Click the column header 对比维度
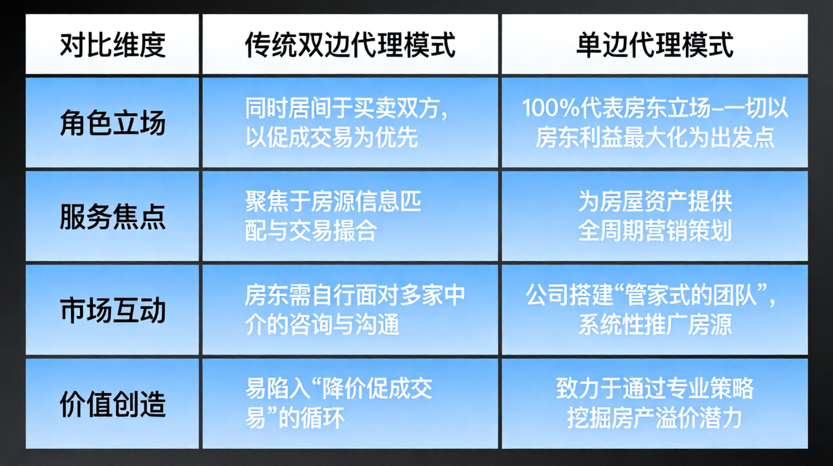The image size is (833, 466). coord(112,45)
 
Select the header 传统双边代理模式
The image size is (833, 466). coord(350,45)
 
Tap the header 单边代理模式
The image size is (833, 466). coord(654,45)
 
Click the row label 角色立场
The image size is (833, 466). coord(112,123)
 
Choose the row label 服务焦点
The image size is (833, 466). coord(112,216)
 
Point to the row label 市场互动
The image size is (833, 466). coord(112,310)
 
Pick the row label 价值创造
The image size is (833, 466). coord(112,404)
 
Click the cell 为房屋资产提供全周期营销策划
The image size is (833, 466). coord(655,216)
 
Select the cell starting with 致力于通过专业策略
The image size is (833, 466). coord(655,403)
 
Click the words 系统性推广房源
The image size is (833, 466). coord(655,325)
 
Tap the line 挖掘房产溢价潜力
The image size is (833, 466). coord(655,418)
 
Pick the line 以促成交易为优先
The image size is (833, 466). coord(332,137)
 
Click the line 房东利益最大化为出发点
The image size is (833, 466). coord(655,137)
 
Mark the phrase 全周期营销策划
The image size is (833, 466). coord(655,231)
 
